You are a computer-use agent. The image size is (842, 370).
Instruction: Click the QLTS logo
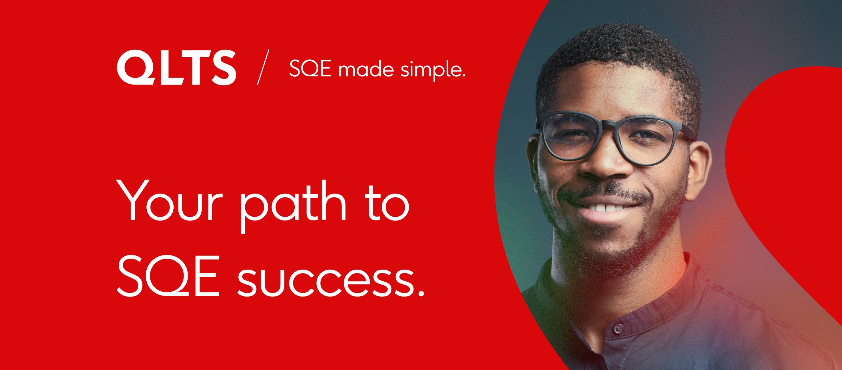click(177, 68)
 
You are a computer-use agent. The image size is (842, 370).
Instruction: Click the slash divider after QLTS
click(263, 67)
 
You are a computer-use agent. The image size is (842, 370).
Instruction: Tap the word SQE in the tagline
click(310, 69)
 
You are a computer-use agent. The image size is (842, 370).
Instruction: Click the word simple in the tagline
click(429, 70)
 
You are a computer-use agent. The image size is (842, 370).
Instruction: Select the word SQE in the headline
click(168, 276)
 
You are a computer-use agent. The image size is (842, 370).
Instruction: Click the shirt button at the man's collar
click(617, 329)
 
